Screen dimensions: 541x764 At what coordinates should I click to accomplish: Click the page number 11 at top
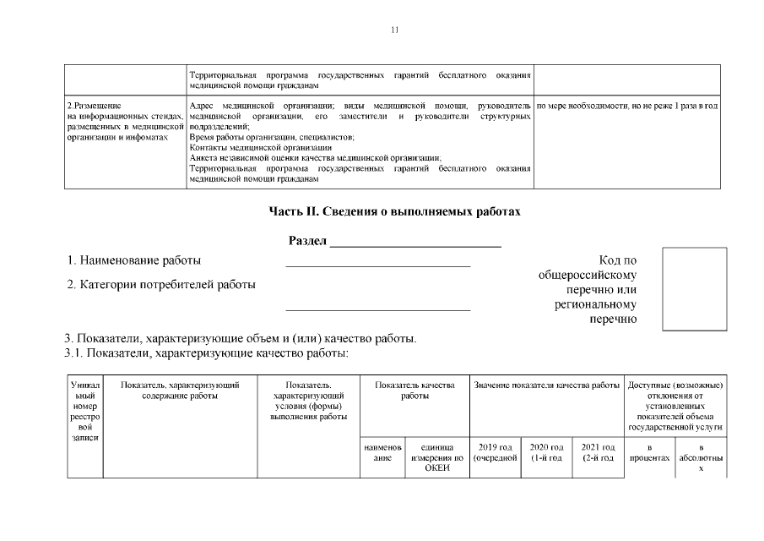tap(394, 30)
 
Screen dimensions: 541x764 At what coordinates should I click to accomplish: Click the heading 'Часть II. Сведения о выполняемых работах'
tap(394, 211)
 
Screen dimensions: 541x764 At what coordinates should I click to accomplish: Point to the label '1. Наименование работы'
tap(134, 260)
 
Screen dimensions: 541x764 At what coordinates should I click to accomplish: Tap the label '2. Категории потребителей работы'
tap(160, 285)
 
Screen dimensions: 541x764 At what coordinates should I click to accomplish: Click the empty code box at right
tap(694, 288)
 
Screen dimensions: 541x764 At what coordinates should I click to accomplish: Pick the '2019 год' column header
tap(495, 452)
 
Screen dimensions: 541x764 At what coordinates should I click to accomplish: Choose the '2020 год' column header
tap(546, 452)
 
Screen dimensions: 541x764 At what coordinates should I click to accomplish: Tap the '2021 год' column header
tap(597, 452)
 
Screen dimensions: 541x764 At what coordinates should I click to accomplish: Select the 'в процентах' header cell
tap(649, 452)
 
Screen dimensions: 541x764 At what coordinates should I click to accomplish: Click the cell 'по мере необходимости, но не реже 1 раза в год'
tap(627, 106)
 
